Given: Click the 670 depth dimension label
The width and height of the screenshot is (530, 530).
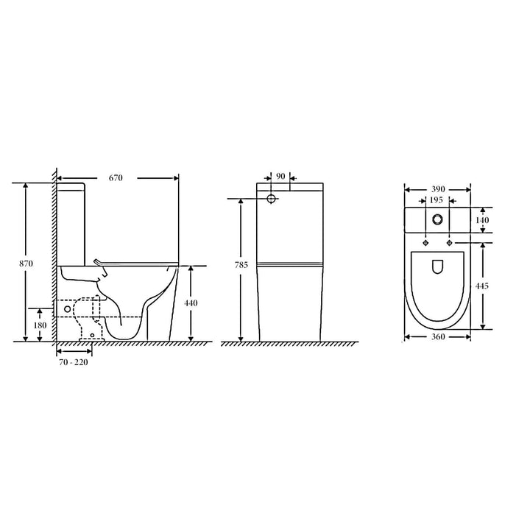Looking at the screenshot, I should [115, 178].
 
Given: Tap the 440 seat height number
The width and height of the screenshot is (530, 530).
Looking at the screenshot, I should [191, 303].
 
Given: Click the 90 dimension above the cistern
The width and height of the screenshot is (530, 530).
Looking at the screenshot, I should [280, 177].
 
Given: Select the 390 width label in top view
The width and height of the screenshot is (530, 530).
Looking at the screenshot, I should [438, 189].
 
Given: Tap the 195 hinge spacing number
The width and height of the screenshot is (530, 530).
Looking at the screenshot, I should [437, 200].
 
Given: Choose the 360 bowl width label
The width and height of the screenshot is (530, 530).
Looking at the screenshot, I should [438, 337].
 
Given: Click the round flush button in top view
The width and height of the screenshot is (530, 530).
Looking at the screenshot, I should [438, 219].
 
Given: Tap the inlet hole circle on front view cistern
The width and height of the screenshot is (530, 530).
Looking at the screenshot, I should [271, 199].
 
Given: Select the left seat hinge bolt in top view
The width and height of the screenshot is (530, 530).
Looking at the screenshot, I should [426, 243].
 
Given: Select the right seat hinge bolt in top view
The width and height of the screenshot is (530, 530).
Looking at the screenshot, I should [449, 243].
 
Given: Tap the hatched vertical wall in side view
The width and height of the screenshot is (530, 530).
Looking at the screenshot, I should [54, 258].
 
